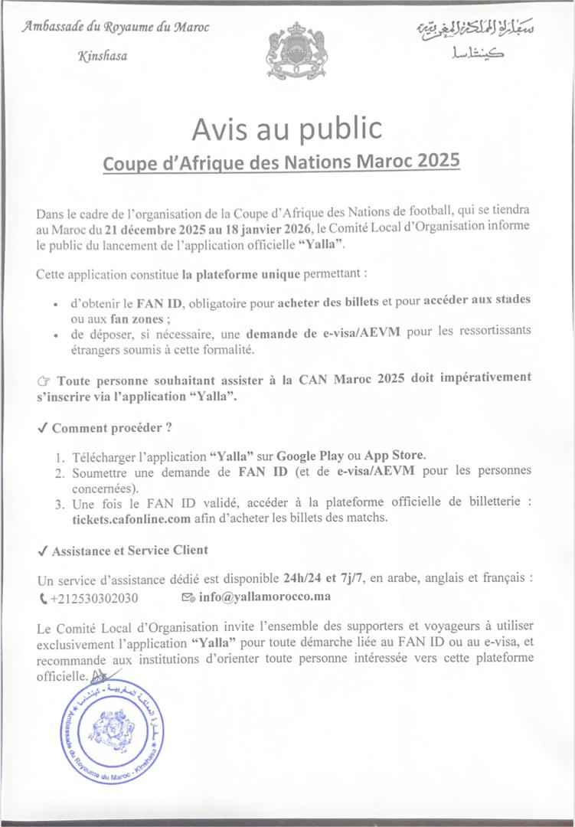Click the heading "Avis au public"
click(286, 128)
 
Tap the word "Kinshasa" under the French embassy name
click(103, 56)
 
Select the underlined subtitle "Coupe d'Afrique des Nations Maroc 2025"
click(282, 162)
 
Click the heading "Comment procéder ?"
click(111, 427)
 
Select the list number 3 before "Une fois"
click(58, 503)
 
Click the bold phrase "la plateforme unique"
click(237, 273)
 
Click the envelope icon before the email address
click(187, 596)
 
